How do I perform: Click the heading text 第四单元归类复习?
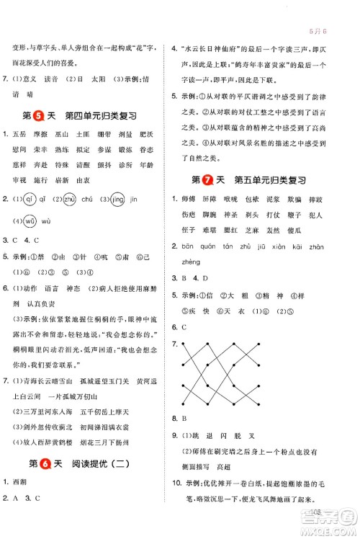click(x=99, y=115)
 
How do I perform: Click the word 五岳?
click(x=19, y=133)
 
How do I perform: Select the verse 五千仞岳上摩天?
click(x=110, y=411)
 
